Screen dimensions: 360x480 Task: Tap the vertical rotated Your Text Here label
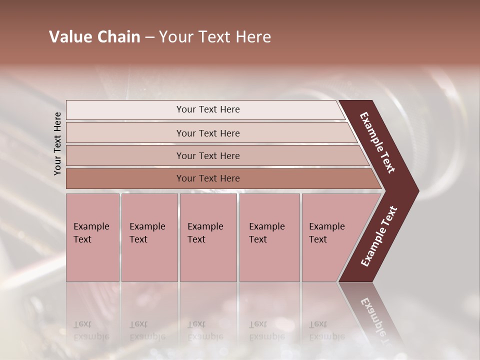coord(57,143)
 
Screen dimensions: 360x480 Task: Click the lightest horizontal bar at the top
coord(207,109)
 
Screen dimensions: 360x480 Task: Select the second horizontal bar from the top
coord(207,133)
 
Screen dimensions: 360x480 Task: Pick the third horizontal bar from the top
coord(207,155)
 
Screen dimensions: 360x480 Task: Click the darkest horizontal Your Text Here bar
coord(207,178)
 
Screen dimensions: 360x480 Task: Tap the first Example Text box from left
coord(92,237)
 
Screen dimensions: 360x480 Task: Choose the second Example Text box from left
coord(149,237)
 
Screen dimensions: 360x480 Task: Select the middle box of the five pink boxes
coord(208,237)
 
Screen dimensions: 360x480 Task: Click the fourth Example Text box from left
coord(269,237)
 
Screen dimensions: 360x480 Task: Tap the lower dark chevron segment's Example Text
coord(379,236)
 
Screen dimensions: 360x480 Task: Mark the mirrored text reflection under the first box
coord(91,330)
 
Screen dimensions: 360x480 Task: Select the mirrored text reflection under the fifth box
coord(326,330)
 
